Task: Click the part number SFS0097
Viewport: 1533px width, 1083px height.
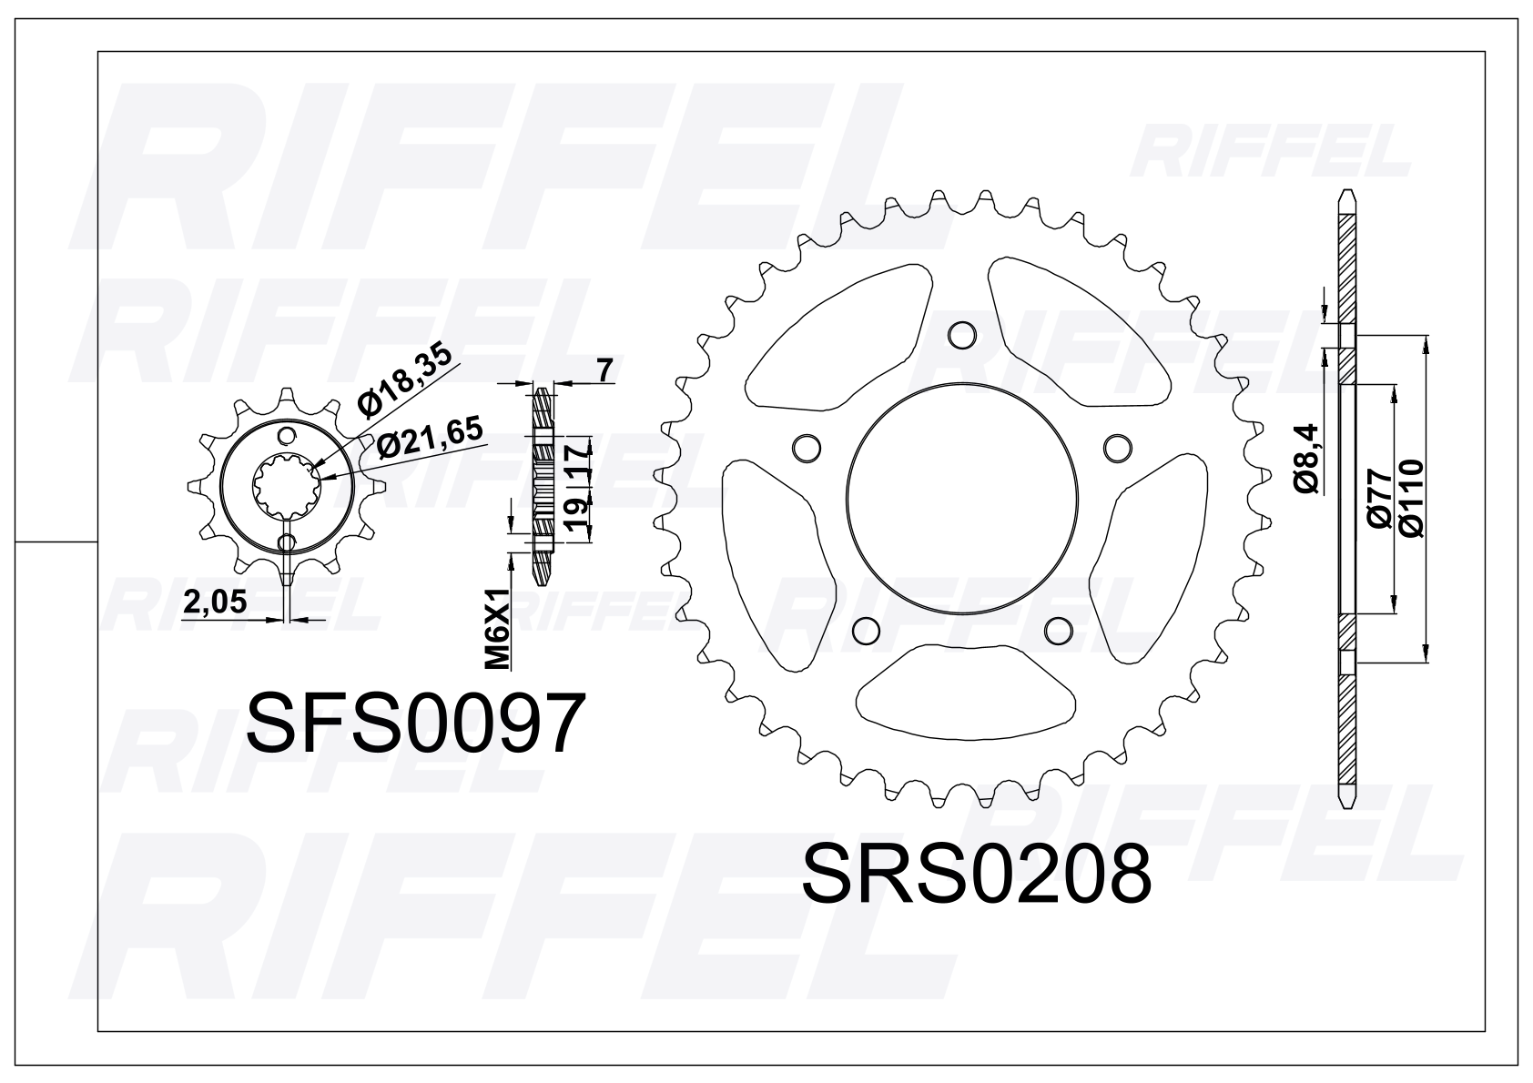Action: tap(415, 723)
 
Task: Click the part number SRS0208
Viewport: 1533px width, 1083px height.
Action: tap(977, 873)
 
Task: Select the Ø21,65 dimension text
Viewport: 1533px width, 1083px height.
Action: tap(430, 437)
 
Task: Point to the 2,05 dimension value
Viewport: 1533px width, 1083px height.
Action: tap(215, 602)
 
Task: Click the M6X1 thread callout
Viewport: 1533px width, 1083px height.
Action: tap(498, 628)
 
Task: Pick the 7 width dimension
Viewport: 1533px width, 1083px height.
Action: tap(604, 370)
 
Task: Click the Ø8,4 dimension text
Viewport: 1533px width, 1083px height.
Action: tap(1305, 459)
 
